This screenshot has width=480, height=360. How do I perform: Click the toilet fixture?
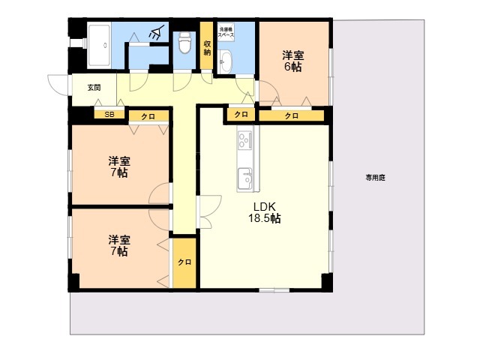click(184, 43)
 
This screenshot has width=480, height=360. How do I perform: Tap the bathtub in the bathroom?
click(99, 46)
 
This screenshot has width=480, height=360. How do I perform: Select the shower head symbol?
click(157, 32)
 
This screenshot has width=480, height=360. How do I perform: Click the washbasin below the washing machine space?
click(226, 62)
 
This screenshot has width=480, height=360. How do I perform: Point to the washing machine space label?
click(226, 32)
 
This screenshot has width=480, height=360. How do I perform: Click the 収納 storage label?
click(207, 48)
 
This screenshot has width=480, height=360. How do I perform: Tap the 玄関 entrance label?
click(94, 88)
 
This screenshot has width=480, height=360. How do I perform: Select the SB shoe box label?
click(109, 115)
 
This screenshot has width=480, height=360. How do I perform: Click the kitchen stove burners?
click(245, 140)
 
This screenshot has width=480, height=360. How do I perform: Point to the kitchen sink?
click(245, 178)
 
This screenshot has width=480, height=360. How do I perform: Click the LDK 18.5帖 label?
click(265, 212)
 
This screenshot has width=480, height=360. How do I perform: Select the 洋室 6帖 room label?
click(293, 61)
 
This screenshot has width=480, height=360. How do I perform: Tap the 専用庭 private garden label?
click(375, 178)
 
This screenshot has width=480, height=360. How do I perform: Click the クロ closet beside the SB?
click(148, 116)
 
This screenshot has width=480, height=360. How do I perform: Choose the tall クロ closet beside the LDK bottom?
click(184, 262)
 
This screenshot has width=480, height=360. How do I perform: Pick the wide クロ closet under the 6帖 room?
click(292, 115)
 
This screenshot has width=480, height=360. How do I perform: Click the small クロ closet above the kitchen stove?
click(241, 115)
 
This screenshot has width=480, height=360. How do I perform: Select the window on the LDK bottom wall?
click(274, 290)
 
